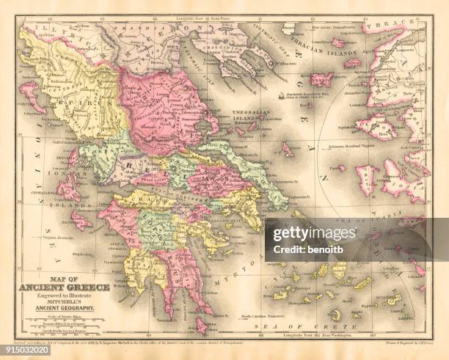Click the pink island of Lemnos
(321, 79)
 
